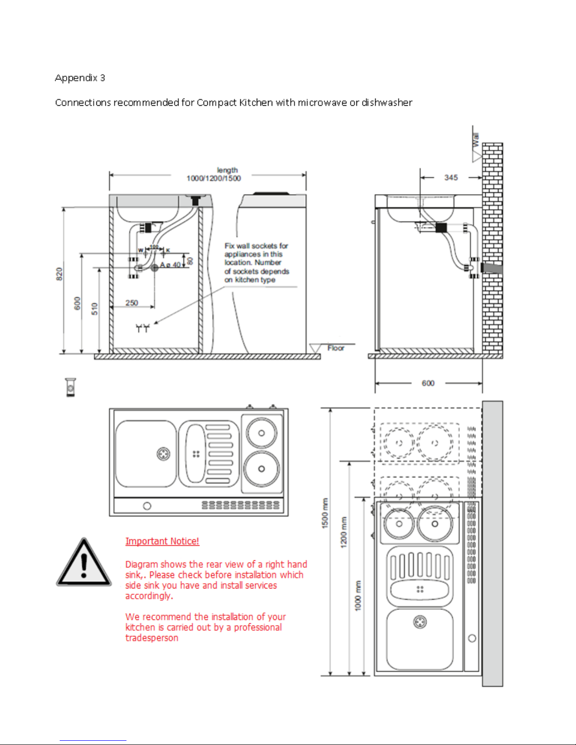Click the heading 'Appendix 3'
[x=79, y=78]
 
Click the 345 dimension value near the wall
[x=450, y=178]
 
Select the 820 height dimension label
[x=59, y=274]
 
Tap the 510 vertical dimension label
[x=95, y=309]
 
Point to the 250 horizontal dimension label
[x=132, y=303]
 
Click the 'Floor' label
[x=336, y=348]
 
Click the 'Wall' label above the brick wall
[x=476, y=140]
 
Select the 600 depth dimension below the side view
[x=428, y=384]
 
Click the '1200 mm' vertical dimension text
[x=344, y=532]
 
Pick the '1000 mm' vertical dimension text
[x=358, y=596]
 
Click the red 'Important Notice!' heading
[x=162, y=541]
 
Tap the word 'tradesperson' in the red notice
[x=151, y=638]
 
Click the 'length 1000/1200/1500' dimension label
[x=214, y=174]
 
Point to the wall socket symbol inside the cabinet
[x=142, y=328]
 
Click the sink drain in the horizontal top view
[x=163, y=454]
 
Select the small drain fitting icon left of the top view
[x=71, y=388]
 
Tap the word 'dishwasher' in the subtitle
[x=387, y=103]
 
